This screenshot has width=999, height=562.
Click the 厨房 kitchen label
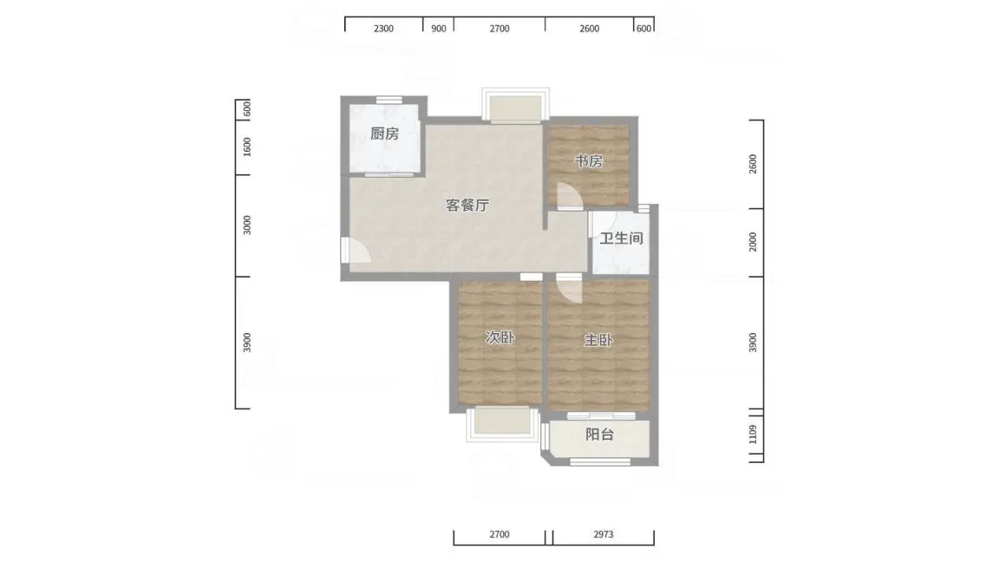pyautogui.click(x=384, y=134)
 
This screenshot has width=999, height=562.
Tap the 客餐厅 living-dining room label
pyautogui.click(x=467, y=206)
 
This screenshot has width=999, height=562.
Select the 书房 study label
pyautogui.click(x=588, y=161)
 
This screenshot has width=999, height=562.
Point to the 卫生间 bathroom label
pyautogui.click(x=621, y=239)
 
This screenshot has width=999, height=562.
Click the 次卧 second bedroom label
pyautogui.click(x=500, y=337)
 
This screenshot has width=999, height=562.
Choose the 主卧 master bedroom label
pyautogui.click(x=598, y=340)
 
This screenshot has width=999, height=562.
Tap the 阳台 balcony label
pyautogui.click(x=599, y=435)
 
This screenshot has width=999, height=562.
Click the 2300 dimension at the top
pyautogui.click(x=383, y=29)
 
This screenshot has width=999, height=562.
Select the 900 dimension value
pyautogui.click(x=438, y=29)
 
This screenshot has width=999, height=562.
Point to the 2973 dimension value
pyautogui.click(x=604, y=534)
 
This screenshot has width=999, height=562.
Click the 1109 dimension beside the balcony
pyautogui.click(x=753, y=435)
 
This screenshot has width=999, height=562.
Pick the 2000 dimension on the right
pyautogui.click(x=753, y=242)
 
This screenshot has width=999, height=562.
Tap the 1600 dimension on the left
pyautogui.click(x=247, y=147)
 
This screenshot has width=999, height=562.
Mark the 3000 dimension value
pyautogui.click(x=247, y=225)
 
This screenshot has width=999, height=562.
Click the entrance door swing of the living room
pyautogui.click(x=356, y=250)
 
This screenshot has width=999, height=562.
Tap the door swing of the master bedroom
pyautogui.click(x=570, y=289)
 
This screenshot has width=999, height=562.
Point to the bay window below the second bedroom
pyautogui.click(x=503, y=424)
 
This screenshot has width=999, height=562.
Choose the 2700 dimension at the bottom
pyautogui.click(x=499, y=534)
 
